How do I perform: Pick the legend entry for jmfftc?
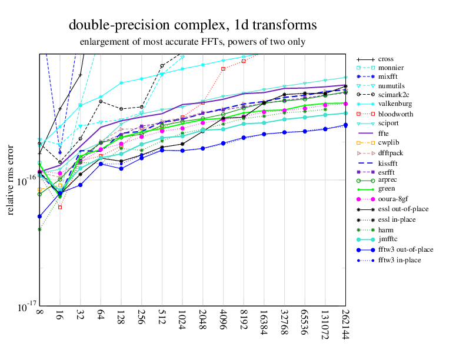point(391,239)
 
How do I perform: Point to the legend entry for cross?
point(386,59)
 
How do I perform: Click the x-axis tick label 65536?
point(305,322)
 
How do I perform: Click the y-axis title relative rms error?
point(10,180)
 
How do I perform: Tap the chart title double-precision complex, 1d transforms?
point(193,25)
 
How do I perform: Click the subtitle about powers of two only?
point(193,42)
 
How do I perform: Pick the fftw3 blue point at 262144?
point(345,125)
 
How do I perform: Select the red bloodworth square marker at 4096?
point(223,69)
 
